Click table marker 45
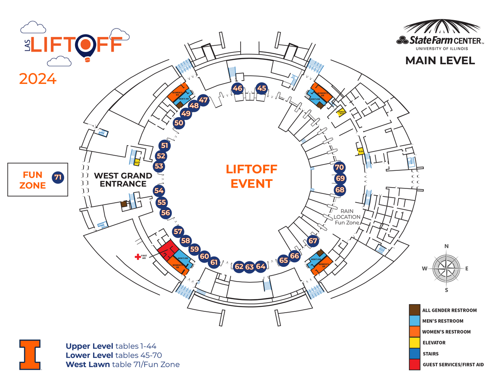pyautogui.click(x=262, y=88)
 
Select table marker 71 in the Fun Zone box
pyautogui.click(x=58, y=178)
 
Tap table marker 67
pyautogui.click(x=313, y=241)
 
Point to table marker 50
pyautogui.click(x=179, y=123)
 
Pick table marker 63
pyautogui.click(x=250, y=266)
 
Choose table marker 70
pyautogui.click(x=340, y=167)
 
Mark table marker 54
pyautogui.click(x=159, y=191)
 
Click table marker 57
pyautogui.click(x=178, y=231)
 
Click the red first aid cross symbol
pyautogui.click(x=137, y=257)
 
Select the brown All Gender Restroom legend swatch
pyautogui.click(x=414, y=310)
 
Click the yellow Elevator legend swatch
pyautogui.click(x=414, y=342)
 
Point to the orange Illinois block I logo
pyautogui.click(x=30, y=354)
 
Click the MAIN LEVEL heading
pyautogui.click(x=440, y=61)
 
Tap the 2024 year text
pyautogui.click(x=38, y=78)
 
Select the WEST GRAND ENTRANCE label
pyautogui.click(x=123, y=180)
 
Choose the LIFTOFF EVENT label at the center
pyautogui.click(x=251, y=176)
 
